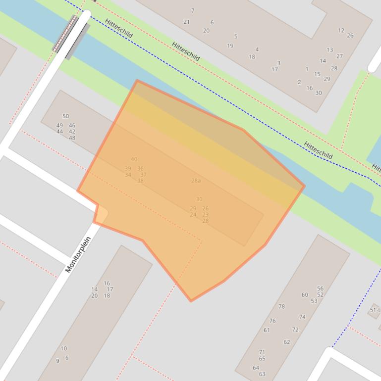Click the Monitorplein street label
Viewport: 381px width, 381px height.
pyautogui.click(x=78, y=255)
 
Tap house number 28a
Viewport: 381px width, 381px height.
pyautogui.click(x=196, y=181)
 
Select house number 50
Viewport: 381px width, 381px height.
pyautogui.click(x=65, y=116)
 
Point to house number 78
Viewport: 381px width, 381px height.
pyautogui.click(x=281, y=306)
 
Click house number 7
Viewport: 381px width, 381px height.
pyautogui.click(x=193, y=10)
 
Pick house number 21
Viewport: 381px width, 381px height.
pyautogui.click(x=186, y=22)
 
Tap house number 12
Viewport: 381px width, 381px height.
pyautogui.click(x=341, y=30)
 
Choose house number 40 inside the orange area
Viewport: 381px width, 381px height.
pyautogui.click(x=134, y=159)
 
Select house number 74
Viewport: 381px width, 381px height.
pyautogui.click(x=302, y=317)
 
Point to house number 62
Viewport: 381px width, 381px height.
pyautogui.click(x=286, y=342)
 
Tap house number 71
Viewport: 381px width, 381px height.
pyautogui.click(x=262, y=352)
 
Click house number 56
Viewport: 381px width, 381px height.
pyautogui.click(x=320, y=288)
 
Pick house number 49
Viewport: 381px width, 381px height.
pyautogui.click(x=59, y=126)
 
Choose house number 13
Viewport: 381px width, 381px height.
pyautogui.click(x=329, y=49)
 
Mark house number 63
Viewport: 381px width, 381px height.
pyautogui.click(x=262, y=374)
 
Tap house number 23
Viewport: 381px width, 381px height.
pyautogui.click(x=205, y=215)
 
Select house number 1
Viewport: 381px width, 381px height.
pyautogui.click(x=307, y=69)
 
